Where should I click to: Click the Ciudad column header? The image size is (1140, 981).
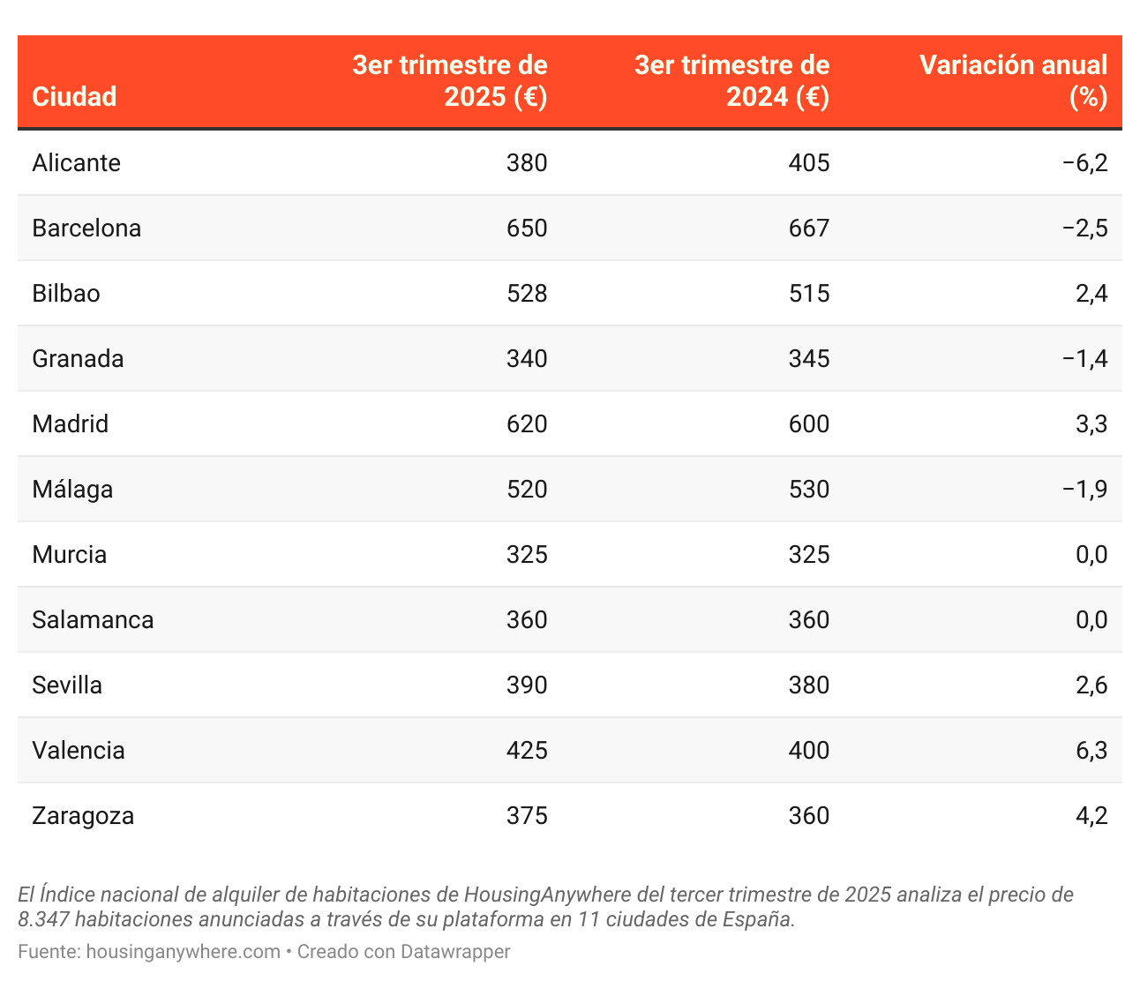pos(74,96)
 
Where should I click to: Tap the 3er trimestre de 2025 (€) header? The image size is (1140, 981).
pos(450,80)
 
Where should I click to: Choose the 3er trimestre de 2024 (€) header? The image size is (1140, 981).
pos(732,80)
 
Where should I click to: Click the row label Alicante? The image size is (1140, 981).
pos(76,163)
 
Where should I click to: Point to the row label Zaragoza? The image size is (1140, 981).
pos(83,816)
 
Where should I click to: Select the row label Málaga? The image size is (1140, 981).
pos(72,490)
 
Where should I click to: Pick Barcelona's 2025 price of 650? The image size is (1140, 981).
pos(527,228)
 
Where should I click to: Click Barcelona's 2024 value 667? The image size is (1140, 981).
pos(809,228)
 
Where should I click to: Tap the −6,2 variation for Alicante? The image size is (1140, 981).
pos(1085,163)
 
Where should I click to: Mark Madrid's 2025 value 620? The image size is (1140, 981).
pos(527,424)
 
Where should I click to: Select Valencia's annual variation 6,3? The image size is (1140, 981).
pos(1091,751)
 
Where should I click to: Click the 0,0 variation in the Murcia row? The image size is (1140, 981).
pos(1091,555)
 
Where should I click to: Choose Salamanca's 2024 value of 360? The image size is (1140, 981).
pos(809,620)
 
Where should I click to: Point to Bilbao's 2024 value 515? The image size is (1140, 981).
pos(809,294)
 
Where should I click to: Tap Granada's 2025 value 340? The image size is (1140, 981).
pos(527,359)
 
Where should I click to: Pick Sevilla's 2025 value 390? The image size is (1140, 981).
pos(527,685)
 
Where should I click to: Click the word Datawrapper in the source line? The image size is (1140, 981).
pos(455,952)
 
